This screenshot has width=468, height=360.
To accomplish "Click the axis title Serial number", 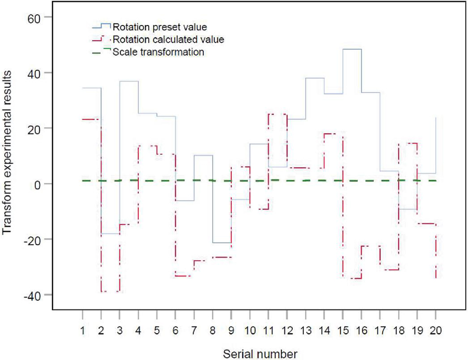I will (x=261, y=354).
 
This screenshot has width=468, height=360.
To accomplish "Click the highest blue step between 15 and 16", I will (x=352, y=49).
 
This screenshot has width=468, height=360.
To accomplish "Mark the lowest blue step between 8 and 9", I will (x=222, y=243).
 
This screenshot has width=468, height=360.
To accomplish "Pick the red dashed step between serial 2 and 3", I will (x=110, y=291).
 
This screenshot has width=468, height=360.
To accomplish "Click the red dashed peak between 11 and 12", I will (x=277, y=114).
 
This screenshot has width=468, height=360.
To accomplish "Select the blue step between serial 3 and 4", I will (x=129, y=82).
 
